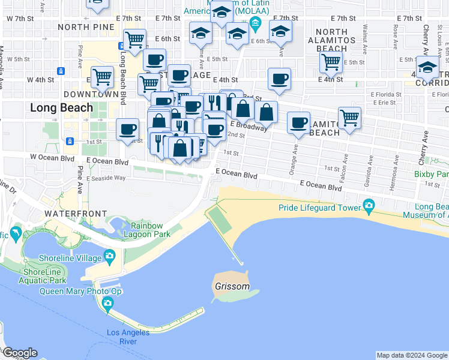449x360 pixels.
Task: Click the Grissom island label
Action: coord(232,286)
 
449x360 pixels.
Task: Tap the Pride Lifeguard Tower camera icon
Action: coord(369,208)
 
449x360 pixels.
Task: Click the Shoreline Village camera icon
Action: coord(109,257)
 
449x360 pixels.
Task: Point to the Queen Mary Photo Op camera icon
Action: coord(108,302)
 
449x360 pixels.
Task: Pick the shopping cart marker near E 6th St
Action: coord(135,40)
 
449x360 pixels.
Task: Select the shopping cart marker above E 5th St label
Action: coord(331,61)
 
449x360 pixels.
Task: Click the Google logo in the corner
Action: coord(19,353)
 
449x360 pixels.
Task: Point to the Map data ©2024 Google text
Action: coord(411,355)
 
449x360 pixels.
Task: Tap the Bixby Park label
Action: coord(432,175)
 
